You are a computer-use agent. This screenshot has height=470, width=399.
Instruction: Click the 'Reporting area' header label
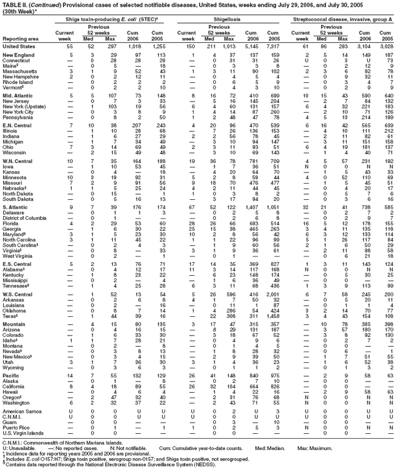coord(21,39)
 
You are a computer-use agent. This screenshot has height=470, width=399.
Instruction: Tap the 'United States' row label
coord(19,47)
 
